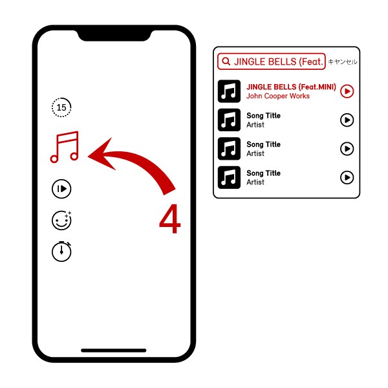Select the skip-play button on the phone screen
click(61, 189)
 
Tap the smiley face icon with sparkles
click(61, 221)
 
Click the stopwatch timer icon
click(61, 252)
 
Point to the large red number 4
click(170, 219)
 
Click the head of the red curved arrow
click(103, 155)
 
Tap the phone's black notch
click(114, 35)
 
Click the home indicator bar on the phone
click(114, 350)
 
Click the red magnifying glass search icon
click(226, 61)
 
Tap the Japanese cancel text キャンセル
click(343, 61)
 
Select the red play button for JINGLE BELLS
click(347, 91)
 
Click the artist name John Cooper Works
click(278, 96)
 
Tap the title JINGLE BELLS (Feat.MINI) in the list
click(291, 87)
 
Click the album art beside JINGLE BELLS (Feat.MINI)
click(229, 91)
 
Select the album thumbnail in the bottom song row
click(229, 177)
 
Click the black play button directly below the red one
click(347, 120)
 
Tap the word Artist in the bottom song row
click(255, 182)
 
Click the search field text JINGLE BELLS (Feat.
click(279, 61)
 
